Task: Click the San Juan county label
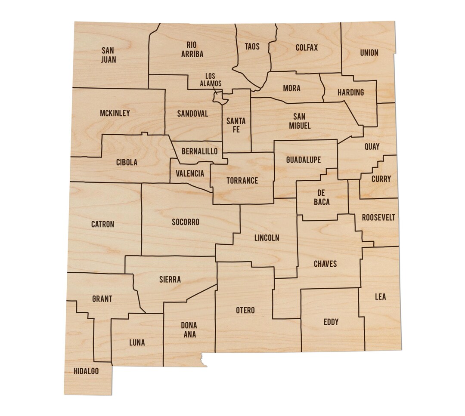[108, 55]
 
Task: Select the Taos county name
[252, 46]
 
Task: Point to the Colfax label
[307, 47]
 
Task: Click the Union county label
[369, 53]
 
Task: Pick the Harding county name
[350, 92]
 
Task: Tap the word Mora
[291, 89]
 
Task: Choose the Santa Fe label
[236, 125]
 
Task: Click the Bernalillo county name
[199, 151]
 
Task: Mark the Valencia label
[190, 174]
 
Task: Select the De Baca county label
[322, 197]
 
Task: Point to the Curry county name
[381, 179]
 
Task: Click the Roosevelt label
[378, 218]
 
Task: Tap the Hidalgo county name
[86, 371]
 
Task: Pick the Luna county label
[137, 343]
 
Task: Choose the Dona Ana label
[189, 330]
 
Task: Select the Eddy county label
[331, 322]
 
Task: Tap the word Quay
[372, 147]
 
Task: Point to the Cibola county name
[127, 162]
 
